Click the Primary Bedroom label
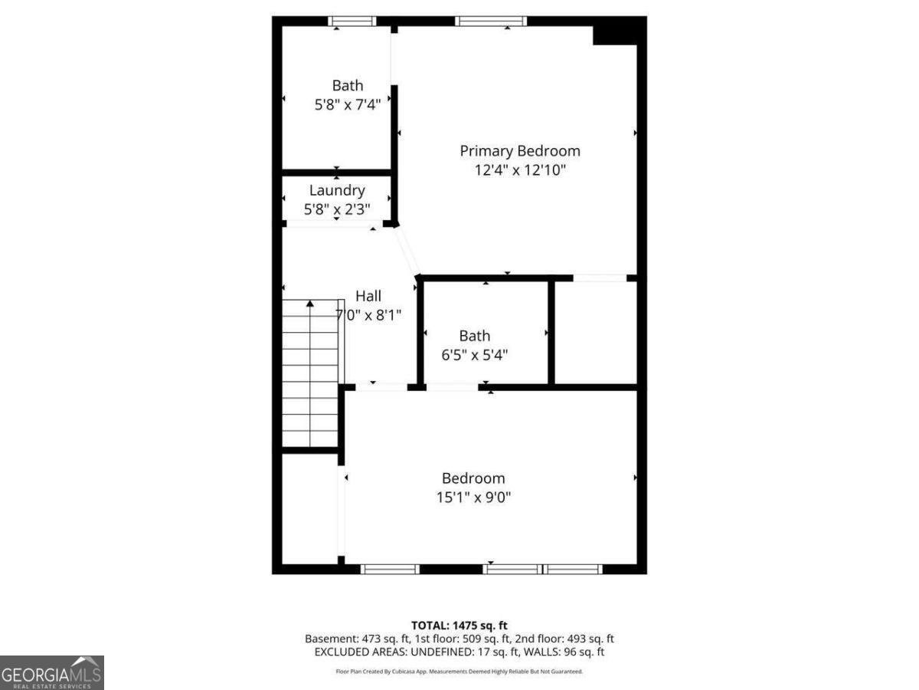519,151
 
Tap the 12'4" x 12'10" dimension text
519,170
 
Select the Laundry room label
337,190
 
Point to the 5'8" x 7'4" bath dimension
348,104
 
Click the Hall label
368,296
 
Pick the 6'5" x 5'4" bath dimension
475,355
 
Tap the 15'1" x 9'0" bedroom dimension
473,497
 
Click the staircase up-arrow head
310,304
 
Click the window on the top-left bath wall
352,21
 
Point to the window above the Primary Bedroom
490,21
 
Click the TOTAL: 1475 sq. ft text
459,625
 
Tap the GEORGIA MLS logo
51,672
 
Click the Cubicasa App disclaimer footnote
459,672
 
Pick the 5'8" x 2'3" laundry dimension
337,209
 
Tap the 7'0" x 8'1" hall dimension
368,314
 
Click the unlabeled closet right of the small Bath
595,332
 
